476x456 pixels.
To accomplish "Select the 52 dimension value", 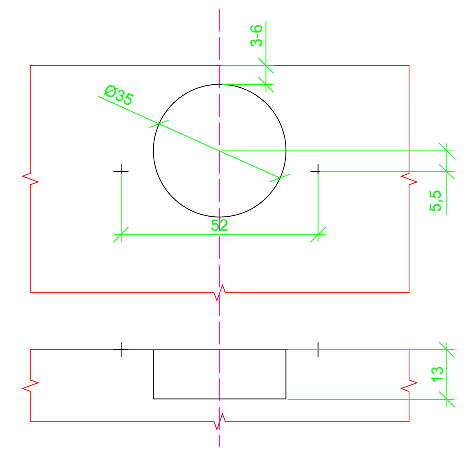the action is (219, 225).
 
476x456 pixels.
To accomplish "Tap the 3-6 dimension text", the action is (256, 36).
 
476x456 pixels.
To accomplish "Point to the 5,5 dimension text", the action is (436, 201).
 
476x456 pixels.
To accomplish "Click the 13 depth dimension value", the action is (437, 374).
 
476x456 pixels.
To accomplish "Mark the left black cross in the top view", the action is (121, 171).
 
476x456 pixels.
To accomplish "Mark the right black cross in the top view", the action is (318, 171).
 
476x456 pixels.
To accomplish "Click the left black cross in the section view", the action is (121, 350).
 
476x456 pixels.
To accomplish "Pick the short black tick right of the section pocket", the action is (318, 350).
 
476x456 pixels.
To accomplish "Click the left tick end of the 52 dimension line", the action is (121, 235).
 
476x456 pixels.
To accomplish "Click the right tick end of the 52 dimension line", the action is (318, 235).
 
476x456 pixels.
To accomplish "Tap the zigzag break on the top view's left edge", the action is (30, 179).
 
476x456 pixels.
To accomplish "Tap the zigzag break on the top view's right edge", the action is (409, 179).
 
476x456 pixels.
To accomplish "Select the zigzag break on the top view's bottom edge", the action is (220, 293).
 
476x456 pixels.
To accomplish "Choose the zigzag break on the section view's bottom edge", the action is (220, 421).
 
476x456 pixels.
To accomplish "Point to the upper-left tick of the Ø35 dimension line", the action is (159, 124).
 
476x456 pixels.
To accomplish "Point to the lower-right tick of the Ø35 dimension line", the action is (280, 178).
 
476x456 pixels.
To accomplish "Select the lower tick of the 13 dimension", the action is (447, 399).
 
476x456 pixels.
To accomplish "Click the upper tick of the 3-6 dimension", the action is (266, 65).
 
